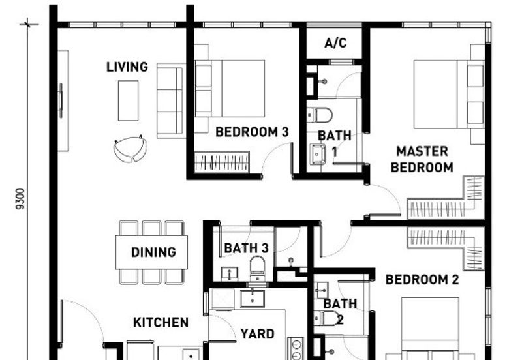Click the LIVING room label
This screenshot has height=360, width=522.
click(127, 67)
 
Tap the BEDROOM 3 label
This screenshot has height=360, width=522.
click(252, 132)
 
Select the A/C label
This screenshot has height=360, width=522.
click(335, 44)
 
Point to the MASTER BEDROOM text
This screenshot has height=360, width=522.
click(422, 159)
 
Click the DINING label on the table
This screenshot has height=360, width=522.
click(153, 252)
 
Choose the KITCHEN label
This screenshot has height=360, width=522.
click(161, 322)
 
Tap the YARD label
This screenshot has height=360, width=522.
click(257, 334)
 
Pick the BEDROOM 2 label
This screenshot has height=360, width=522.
click(422, 280)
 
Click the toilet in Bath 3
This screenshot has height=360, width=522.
click(258, 265)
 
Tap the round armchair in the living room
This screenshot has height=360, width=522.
click(130, 149)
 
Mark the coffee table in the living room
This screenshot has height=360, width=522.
click(128, 100)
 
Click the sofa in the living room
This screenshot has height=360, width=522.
click(170, 101)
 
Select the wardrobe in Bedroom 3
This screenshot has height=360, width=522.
click(223, 161)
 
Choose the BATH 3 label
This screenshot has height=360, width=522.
click(246, 248)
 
